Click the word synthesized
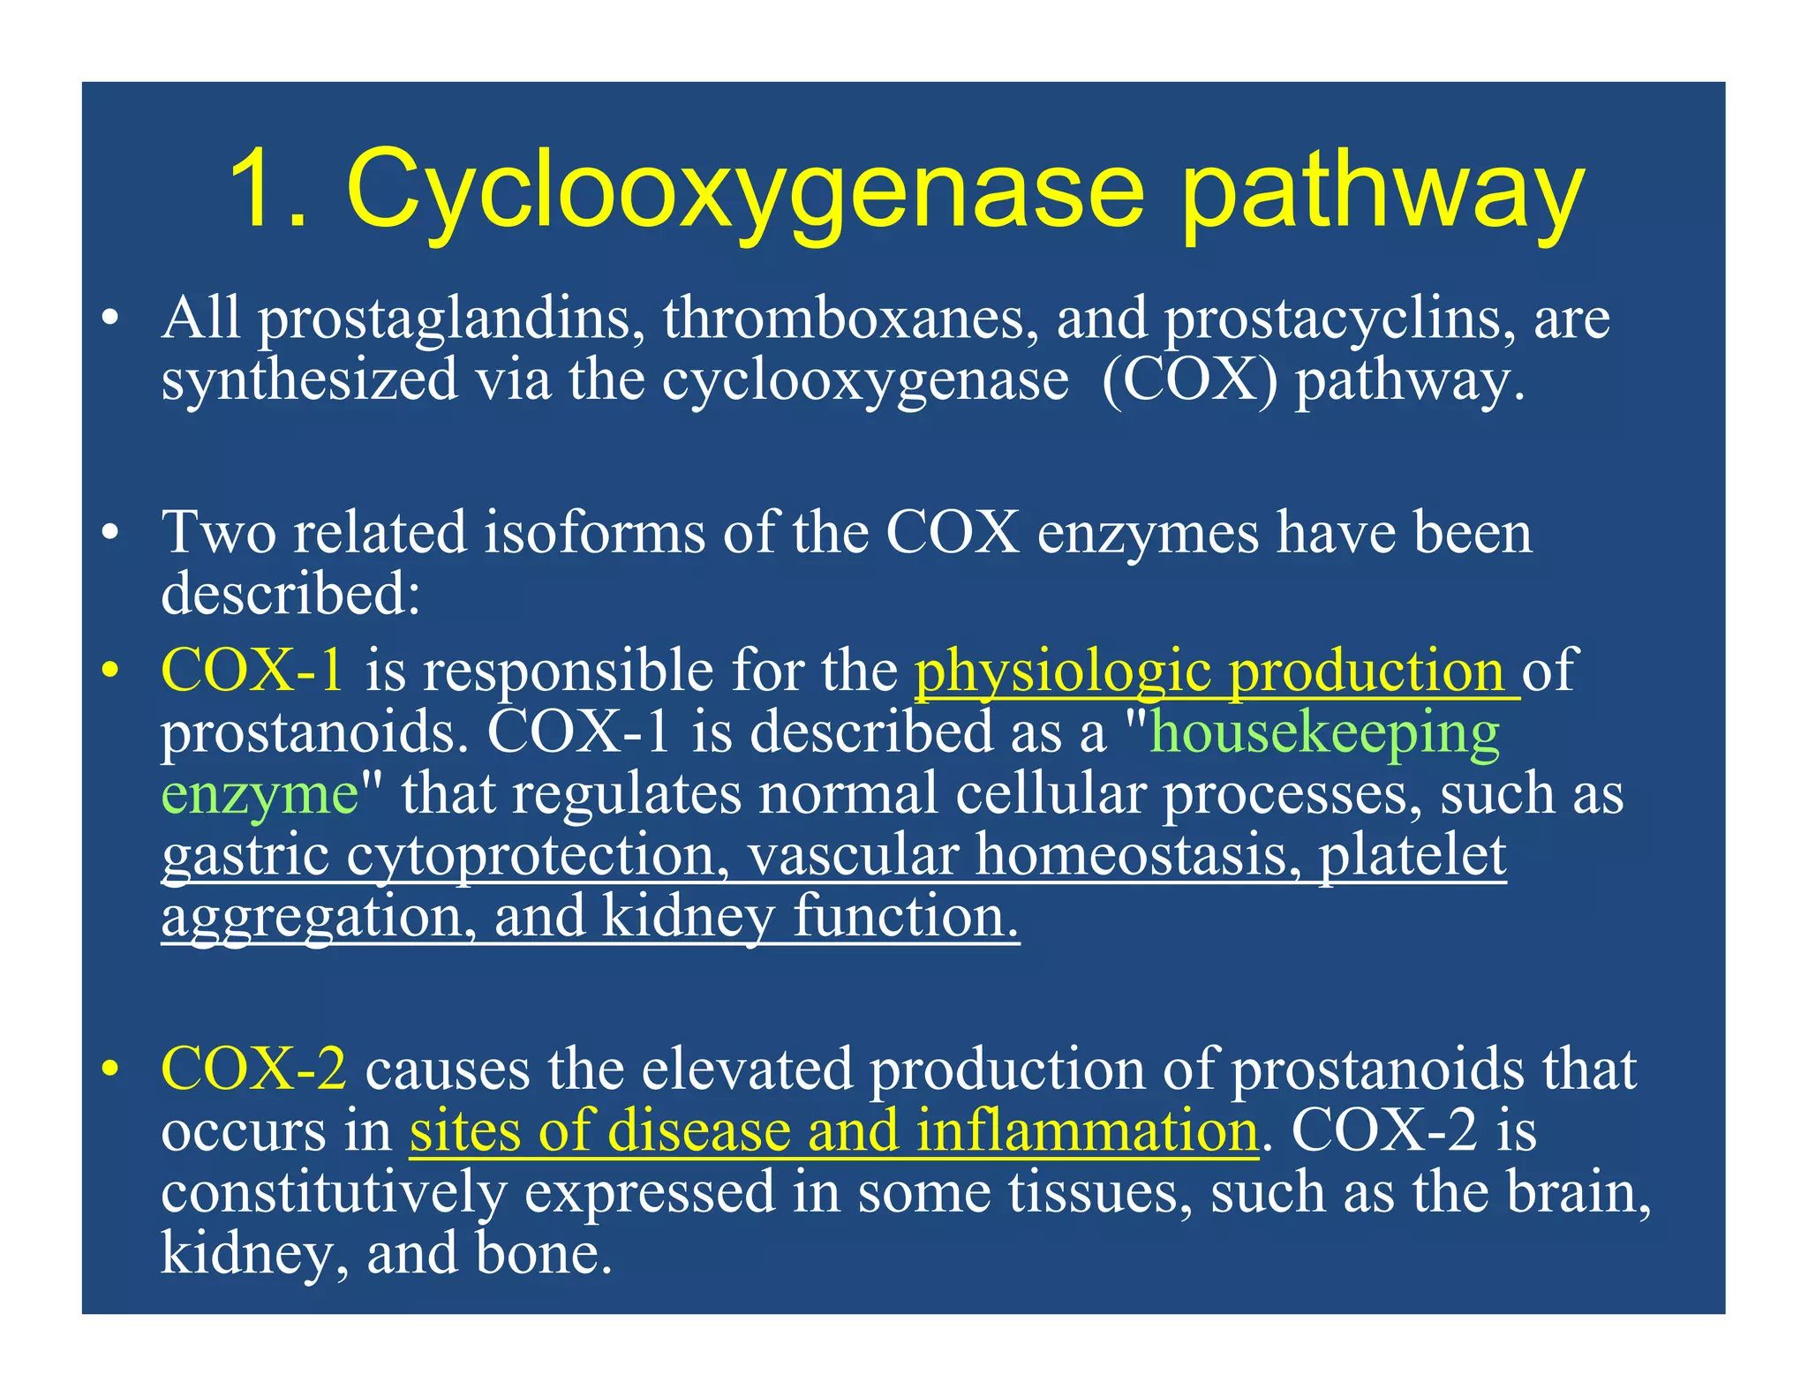coord(309,381)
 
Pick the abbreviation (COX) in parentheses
coord(1190,381)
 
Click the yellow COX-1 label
coord(252,671)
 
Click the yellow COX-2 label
coord(254,1070)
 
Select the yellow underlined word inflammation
coord(1087,1130)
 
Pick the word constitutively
coord(334,1192)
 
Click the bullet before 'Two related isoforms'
coord(109,534)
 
